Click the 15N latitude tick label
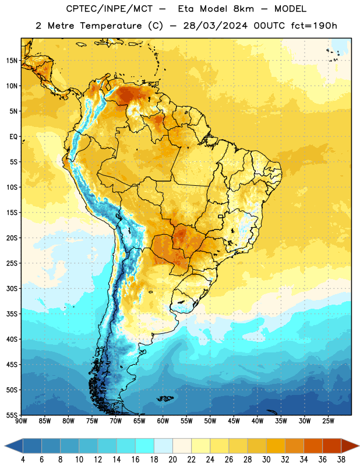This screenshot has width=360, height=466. click(12, 61)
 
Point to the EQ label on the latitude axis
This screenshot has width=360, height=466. click(13, 137)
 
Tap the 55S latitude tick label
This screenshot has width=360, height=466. click(12, 415)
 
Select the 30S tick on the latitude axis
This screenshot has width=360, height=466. click(12, 288)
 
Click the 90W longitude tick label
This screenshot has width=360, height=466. click(21, 421)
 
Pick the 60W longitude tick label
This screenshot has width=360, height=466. click(163, 421)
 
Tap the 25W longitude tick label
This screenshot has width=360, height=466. click(328, 421)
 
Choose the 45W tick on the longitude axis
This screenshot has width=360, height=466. click(234, 421)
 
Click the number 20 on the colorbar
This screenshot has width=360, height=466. click(172, 460)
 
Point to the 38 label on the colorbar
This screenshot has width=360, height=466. click(341, 460)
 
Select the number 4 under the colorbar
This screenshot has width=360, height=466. click(23, 460)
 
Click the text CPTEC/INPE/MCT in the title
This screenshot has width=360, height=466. click(110, 9)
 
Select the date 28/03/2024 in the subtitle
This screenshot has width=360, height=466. click(215, 26)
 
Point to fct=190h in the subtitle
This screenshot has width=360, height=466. click(314, 26)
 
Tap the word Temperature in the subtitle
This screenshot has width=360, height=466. click(111, 26)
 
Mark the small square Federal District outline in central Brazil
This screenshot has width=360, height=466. click(221, 216)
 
